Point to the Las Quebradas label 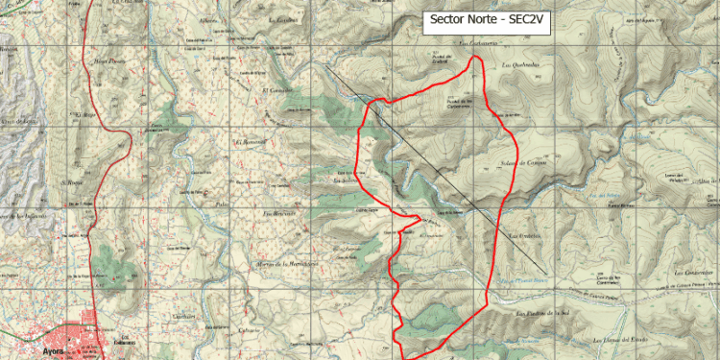coord(520,65)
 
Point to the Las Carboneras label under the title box coord(477,42)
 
